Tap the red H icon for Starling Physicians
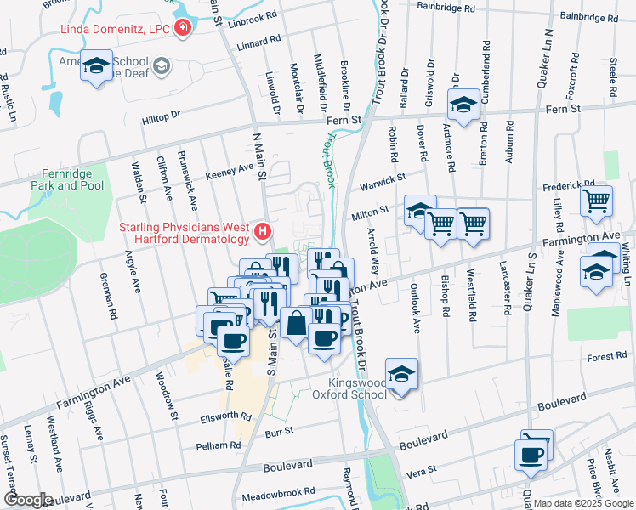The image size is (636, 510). click(x=264, y=230)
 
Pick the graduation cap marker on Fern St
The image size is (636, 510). click(x=463, y=105)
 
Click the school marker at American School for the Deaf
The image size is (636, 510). click(x=96, y=65)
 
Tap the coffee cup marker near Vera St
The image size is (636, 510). click(x=532, y=455)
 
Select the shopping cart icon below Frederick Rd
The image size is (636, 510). click(x=597, y=202)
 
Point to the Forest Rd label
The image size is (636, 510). click(x=606, y=358)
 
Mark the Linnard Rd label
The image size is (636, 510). click(x=258, y=41)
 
